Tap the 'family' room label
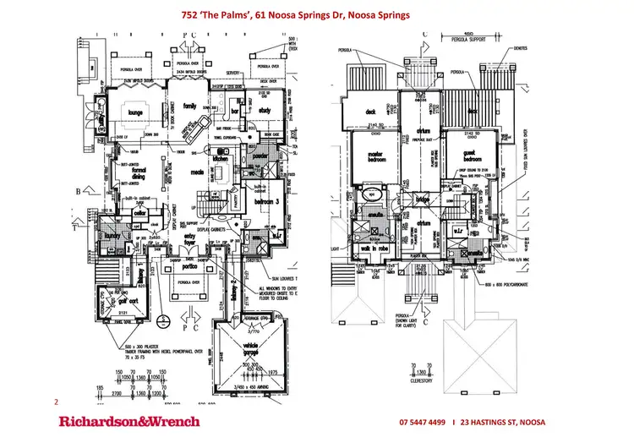click(190, 107)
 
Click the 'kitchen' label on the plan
click(221, 158)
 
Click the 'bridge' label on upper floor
click(423, 199)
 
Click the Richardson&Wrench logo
click(128, 421)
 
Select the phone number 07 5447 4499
click(423, 422)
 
